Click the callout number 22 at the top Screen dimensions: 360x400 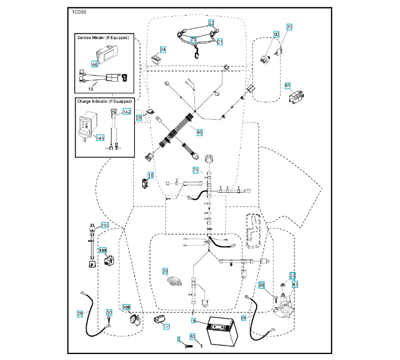click(211, 22)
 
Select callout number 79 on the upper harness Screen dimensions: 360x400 click(194, 40)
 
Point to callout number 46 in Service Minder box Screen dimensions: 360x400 click(95, 64)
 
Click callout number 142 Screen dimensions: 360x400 click(127, 112)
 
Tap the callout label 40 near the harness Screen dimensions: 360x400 click(200, 132)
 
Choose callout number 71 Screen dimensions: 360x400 click(195, 170)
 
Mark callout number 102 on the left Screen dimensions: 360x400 click(104, 224)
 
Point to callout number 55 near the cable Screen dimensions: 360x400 click(109, 313)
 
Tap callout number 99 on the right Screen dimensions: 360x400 click(261, 285)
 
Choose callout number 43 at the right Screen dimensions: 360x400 click(294, 283)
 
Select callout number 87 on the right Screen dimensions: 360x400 click(288, 86)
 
